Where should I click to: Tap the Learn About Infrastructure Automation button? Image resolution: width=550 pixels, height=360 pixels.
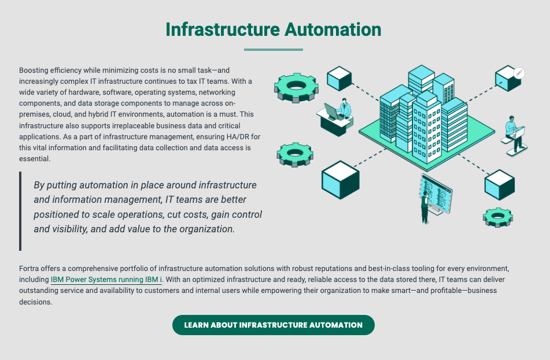pyautogui.click(x=274, y=325)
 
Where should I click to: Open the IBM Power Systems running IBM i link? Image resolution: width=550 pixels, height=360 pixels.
pyautogui.click(x=106, y=280)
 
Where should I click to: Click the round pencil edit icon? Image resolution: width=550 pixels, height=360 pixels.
pyautogui.click(x=519, y=73)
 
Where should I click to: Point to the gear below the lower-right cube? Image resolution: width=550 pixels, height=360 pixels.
pyautogui.click(x=498, y=217)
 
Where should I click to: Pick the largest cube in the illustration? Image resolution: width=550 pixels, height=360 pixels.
pyautogui.click(x=341, y=179)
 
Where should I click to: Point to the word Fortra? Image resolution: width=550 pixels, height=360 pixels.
pyautogui.click(x=30, y=269)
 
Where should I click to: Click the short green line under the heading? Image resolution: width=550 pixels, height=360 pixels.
pyautogui.click(x=274, y=50)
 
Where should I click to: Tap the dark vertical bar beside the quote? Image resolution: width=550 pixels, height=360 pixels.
pyautogui.click(x=20, y=211)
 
